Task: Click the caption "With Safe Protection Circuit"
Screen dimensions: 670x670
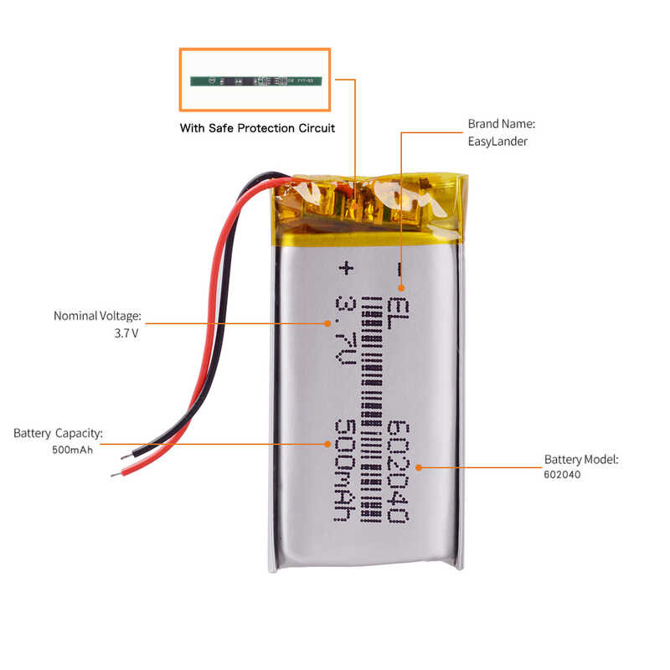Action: coord(257,128)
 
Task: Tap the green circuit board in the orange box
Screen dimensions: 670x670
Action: coord(255,81)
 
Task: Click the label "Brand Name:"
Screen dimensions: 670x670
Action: coord(501,124)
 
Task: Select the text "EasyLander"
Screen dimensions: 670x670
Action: coord(497,142)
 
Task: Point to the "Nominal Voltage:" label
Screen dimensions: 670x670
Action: coord(97,316)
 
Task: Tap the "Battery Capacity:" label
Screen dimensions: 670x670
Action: coord(58,433)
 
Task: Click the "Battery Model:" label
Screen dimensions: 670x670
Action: coord(581,459)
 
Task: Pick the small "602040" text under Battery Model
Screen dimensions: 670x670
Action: coord(562,474)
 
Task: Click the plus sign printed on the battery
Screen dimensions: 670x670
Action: coord(343,269)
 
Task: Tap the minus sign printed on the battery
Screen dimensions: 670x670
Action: coord(399,269)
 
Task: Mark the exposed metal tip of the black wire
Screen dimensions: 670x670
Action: coord(126,457)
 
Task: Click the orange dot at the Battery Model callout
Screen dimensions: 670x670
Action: coord(418,467)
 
